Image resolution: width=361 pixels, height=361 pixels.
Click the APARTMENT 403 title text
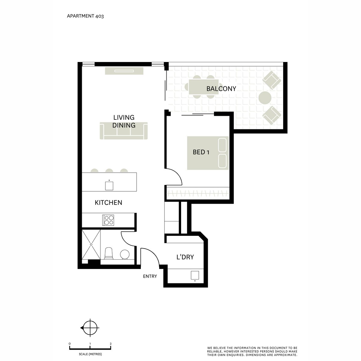click(85, 16)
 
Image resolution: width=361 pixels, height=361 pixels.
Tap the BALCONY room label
click(221, 89)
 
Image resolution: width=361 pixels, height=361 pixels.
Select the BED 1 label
click(201, 152)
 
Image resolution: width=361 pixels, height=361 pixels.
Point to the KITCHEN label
click(108, 203)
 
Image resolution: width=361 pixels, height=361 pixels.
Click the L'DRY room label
click(185, 257)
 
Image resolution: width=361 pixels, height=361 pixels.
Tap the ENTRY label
click(150, 276)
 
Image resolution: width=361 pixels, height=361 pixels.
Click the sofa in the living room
click(124, 131)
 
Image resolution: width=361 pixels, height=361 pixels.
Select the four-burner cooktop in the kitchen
click(108, 220)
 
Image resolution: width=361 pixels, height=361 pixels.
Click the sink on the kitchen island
click(109, 185)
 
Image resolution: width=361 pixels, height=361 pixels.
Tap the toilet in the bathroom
click(108, 254)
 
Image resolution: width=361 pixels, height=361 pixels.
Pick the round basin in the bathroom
click(125, 255)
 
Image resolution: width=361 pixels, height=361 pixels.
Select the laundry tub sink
click(195, 275)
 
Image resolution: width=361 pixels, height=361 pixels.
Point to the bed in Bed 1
click(208, 153)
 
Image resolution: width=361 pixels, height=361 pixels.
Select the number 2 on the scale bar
click(111, 343)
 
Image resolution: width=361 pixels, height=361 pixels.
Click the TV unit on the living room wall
click(124, 71)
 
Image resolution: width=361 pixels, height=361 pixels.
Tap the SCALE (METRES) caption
click(90, 354)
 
